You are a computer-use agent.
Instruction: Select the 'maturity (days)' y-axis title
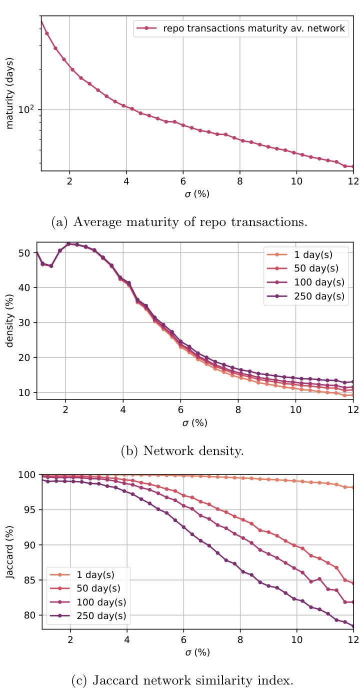point(9,93)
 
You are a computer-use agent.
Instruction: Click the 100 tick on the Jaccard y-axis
point(28,474)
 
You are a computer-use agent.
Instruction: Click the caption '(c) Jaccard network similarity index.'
point(180,680)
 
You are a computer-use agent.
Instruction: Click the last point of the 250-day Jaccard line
point(353,626)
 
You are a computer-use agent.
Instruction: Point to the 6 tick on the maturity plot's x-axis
point(183,180)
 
